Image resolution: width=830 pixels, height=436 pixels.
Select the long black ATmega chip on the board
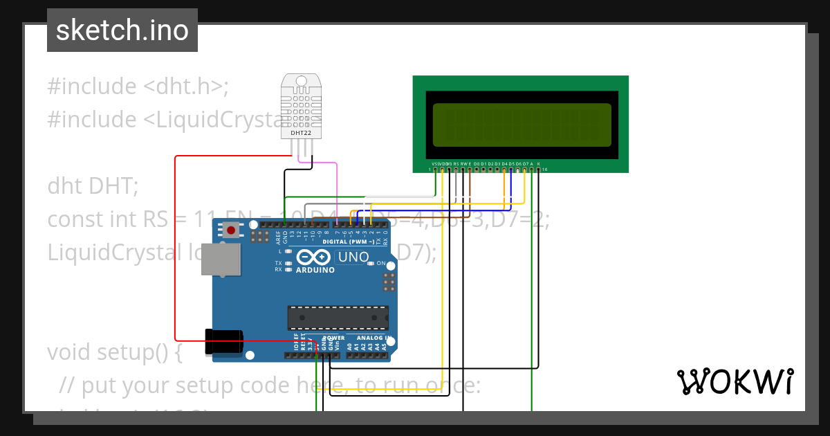(x=338, y=317)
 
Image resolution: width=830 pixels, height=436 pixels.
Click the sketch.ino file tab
(x=122, y=30)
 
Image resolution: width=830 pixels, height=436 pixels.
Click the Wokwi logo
(x=734, y=381)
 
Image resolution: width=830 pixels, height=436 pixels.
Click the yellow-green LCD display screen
(x=522, y=125)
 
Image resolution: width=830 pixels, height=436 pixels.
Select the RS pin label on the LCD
(x=456, y=164)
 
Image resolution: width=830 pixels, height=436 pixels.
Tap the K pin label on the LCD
(x=539, y=164)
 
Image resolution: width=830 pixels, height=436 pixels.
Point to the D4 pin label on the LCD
(x=504, y=164)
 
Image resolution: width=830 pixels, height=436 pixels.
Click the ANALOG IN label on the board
(x=374, y=338)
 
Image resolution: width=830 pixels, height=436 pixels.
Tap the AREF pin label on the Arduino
(x=278, y=237)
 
